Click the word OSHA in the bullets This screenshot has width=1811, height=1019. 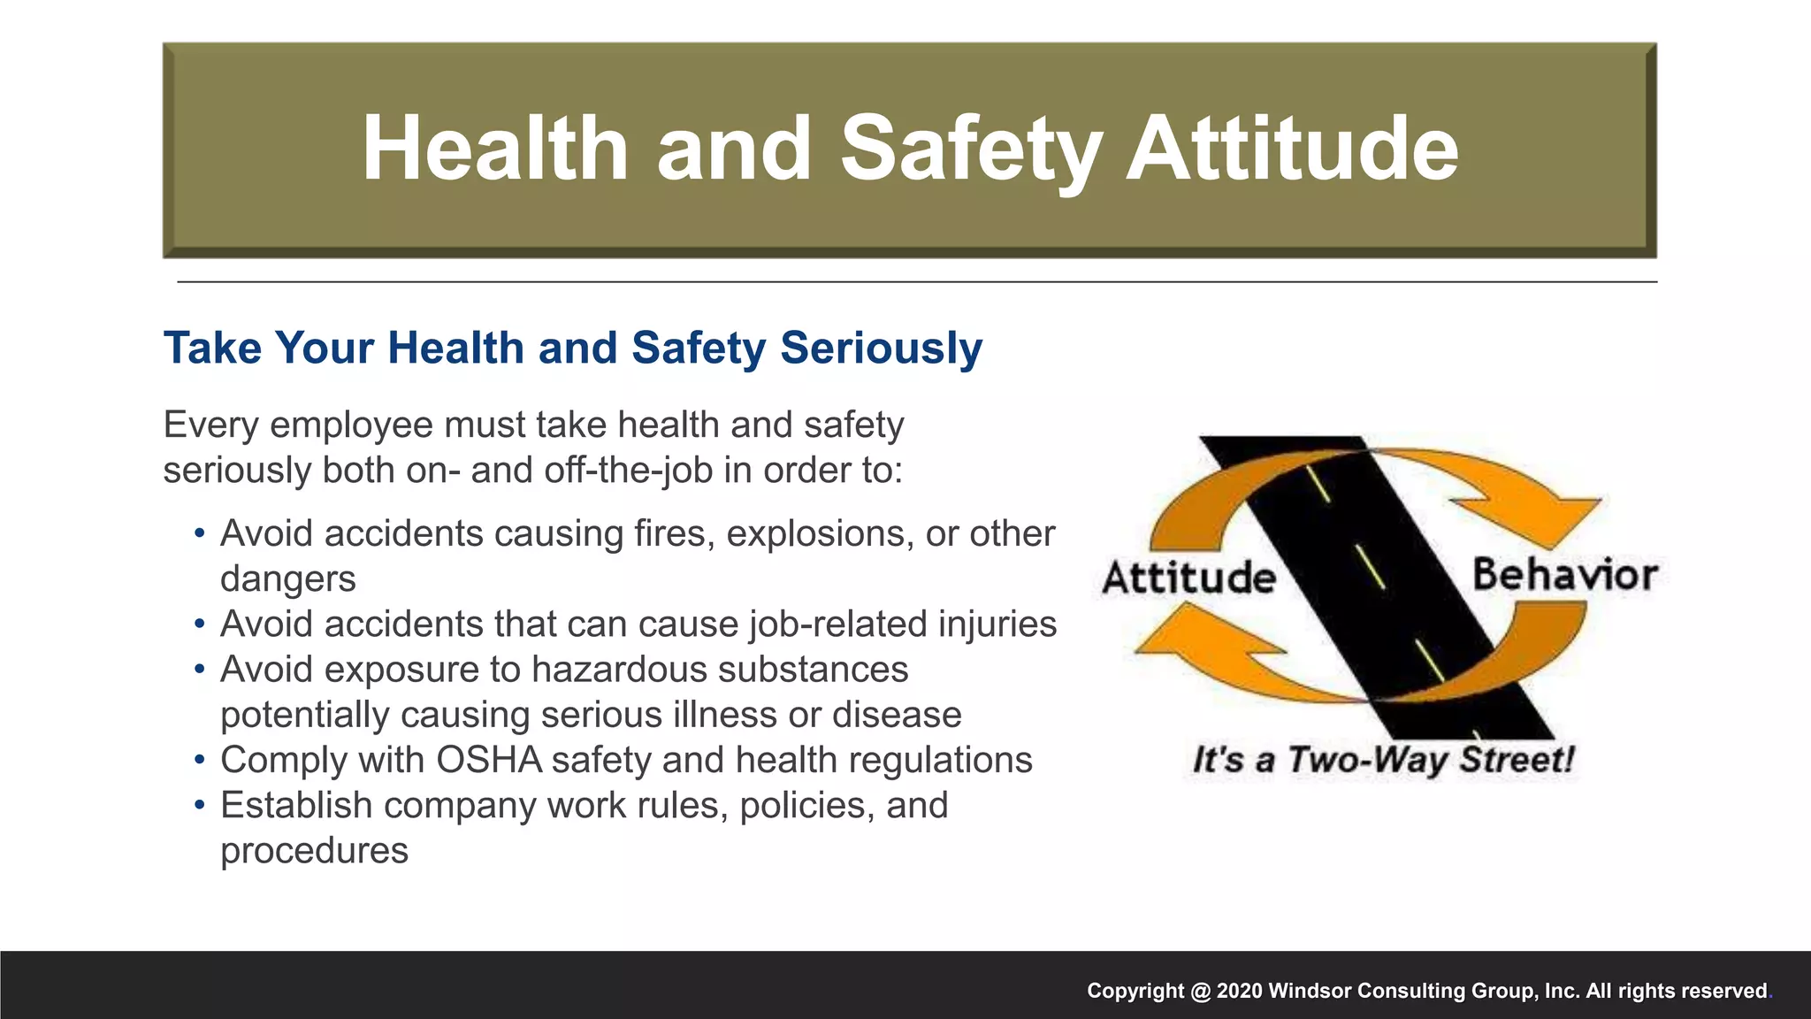coord(489,760)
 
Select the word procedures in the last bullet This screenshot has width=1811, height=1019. coord(314,851)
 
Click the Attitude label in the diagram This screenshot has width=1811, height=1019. coord(1189,578)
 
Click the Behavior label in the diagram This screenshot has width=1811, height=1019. coord(1564,575)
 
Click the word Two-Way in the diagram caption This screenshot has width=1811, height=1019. coord(1368,760)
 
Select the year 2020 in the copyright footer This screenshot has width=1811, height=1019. coord(1240,991)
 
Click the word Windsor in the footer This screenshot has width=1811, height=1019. coord(1310,991)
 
